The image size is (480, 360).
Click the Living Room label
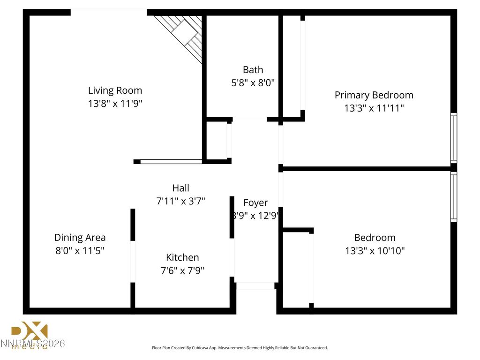click(115, 90)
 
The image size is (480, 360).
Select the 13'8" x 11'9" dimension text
click(115, 104)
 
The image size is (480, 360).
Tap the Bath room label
click(253, 70)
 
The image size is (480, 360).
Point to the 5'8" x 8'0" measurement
click(253, 83)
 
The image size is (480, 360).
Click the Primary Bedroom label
click(374, 95)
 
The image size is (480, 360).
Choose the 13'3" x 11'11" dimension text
click(374, 108)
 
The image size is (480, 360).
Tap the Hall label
click(180, 188)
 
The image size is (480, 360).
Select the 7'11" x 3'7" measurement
click(180, 201)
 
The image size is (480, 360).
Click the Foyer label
click(255, 202)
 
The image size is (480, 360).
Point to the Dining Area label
click(80, 238)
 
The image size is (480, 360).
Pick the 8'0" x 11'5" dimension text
click(80, 251)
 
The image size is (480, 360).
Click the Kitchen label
click(182, 257)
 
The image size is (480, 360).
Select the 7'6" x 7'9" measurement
click(182, 270)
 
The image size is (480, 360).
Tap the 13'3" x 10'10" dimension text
click(375, 251)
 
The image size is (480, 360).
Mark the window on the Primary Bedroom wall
click(453, 138)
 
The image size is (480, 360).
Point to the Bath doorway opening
click(249, 119)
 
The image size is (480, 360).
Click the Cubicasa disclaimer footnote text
click(240, 348)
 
